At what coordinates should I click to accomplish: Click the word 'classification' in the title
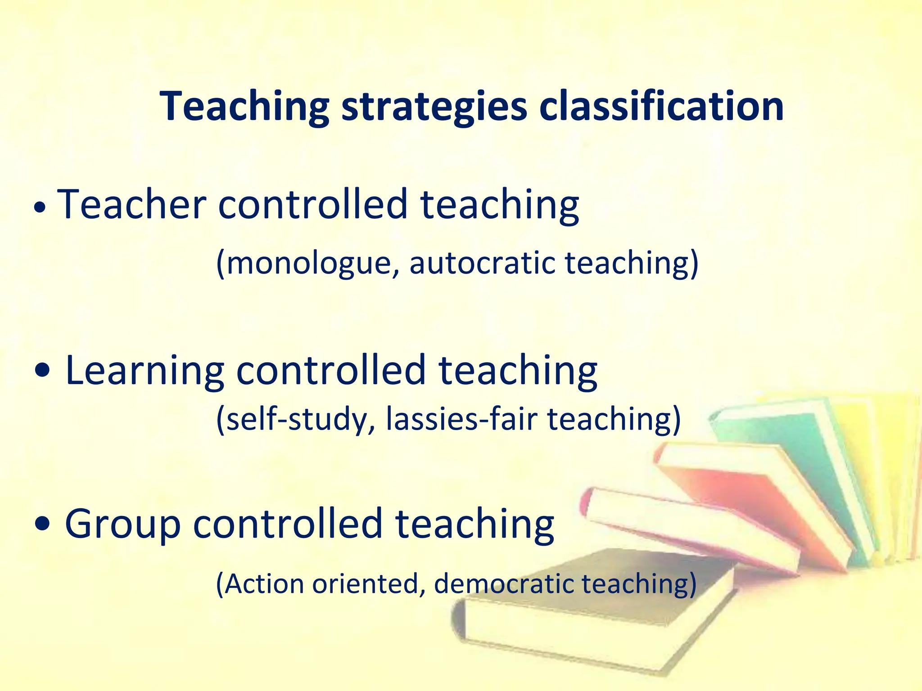(661, 106)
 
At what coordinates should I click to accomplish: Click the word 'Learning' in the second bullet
(145, 370)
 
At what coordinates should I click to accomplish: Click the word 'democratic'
(504, 583)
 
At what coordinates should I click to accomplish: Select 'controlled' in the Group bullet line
(288, 524)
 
